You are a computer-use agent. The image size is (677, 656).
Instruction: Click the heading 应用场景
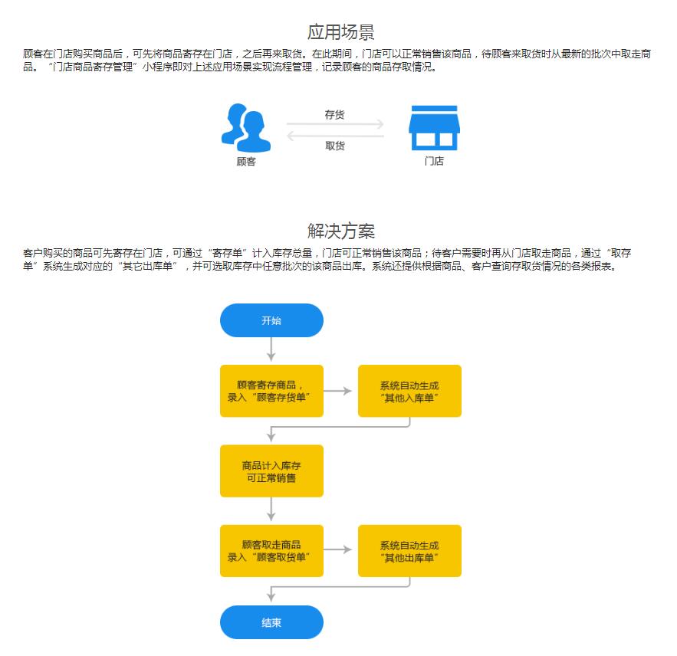(x=340, y=32)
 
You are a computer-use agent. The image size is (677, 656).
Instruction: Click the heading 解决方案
(x=340, y=231)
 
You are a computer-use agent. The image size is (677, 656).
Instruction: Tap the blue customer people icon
(x=245, y=128)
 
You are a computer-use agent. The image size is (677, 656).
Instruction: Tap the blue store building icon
(x=435, y=128)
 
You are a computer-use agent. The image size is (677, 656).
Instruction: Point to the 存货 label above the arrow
(x=334, y=114)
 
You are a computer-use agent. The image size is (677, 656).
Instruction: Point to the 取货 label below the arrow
(x=334, y=146)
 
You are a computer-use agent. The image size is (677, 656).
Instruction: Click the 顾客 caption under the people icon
(x=246, y=162)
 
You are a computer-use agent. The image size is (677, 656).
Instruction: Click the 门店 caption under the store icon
(x=435, y=161)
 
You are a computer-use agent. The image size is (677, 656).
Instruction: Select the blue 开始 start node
(x=271, y=320)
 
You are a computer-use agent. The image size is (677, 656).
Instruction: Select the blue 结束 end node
(x=271, y=622)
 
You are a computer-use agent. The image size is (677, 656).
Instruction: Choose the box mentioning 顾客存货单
(x=271, y=391)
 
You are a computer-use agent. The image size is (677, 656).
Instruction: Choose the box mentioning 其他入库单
(x=409, y=391)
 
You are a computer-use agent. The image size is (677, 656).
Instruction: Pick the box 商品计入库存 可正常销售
(x=271, y=471)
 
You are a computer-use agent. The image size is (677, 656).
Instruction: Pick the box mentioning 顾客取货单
(x=271, y=551)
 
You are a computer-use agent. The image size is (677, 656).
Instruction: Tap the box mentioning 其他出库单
(x=409, y=551)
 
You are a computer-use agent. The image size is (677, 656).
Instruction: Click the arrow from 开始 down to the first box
(x=271, y=349)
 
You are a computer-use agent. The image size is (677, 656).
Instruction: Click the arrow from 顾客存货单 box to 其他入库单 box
(x=337, y=391)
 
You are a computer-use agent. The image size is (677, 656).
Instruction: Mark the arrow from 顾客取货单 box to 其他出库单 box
(x=337, y=549)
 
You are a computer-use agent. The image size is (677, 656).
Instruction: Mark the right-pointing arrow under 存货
(x=335, y=124)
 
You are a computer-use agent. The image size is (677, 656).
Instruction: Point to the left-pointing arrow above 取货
(x=335, y=136)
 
